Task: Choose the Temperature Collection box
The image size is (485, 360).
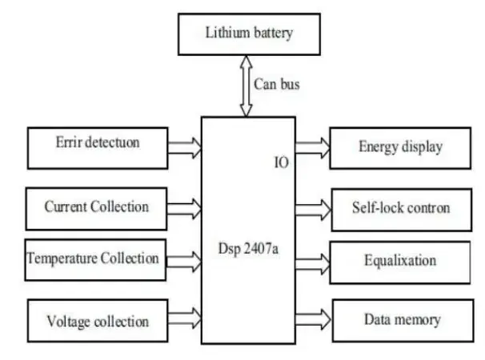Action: [x=93, y=258]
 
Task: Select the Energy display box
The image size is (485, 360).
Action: [x=401, y=148]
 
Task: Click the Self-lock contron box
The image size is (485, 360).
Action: [x=401, y=208]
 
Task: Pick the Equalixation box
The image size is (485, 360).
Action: [x=401, y=260]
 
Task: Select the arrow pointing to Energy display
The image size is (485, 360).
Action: [x=312, y=146]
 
